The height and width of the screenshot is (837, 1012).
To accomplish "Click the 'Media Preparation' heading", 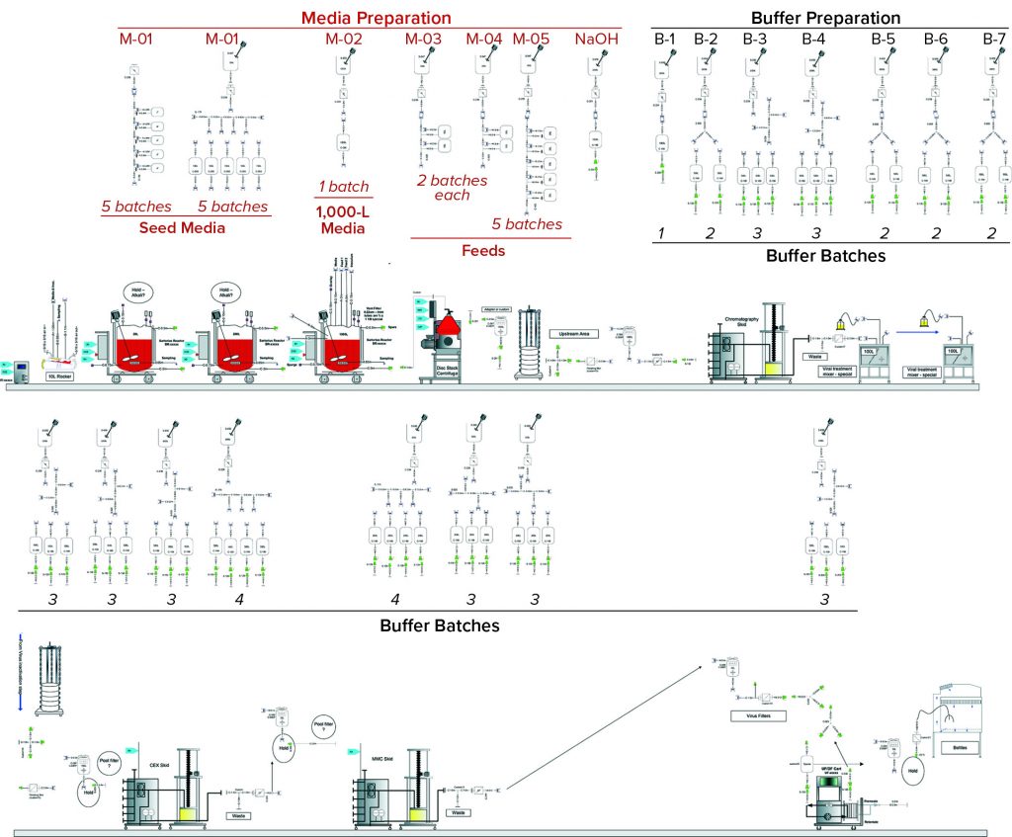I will [363, 18].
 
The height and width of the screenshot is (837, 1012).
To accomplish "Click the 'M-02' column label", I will [344, 40].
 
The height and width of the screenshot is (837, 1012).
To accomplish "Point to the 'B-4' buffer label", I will [812, 40].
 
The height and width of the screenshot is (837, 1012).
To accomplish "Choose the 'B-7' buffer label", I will [993, 40].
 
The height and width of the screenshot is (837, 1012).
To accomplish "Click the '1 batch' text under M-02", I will [343, 187].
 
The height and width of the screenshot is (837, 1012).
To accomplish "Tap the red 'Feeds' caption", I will [483, 251].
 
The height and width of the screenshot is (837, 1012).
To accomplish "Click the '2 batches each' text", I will [452, 188].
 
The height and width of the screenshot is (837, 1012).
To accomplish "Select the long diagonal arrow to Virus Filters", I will [604, 727].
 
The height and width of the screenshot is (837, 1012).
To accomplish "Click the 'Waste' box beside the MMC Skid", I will [456, 812].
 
